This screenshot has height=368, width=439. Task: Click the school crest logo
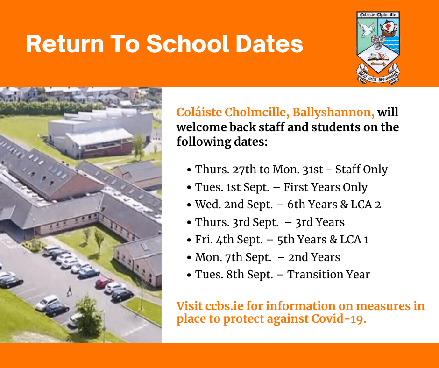[x=378, y=48]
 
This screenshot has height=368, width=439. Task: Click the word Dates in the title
[x=269, y=44]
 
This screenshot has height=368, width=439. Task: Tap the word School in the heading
[x=188, y=44]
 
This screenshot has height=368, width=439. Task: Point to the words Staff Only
[x=361, y=170]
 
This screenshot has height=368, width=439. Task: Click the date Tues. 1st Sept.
[x=232, y=187]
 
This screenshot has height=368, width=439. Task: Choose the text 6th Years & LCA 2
[x=334, y=205]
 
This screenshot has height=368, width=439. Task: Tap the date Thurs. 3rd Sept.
[x=237, y=222]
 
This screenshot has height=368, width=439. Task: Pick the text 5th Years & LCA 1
[x=323, y=240]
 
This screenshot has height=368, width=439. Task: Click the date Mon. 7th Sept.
[x=233, y=257]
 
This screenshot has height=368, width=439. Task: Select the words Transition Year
[x=329, y=275]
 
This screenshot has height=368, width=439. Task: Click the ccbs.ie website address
[x=225, y=306]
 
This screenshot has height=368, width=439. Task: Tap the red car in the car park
[x=104, y=282]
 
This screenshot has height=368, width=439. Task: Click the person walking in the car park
[x=70, y=291]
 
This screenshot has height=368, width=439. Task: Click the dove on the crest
[x=367, y=29]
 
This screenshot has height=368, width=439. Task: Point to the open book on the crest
[x=378, y=57]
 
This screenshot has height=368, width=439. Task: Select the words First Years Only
[x=326, y=187]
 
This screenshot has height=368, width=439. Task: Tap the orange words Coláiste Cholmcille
[x=231, y=112]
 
